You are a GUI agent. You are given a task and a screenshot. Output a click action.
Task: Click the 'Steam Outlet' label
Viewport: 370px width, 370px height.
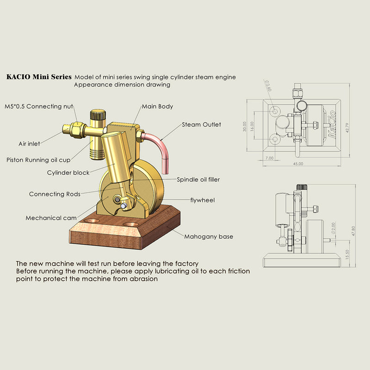coord(201,124)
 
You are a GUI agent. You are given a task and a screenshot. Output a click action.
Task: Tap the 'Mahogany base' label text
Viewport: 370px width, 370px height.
coord(209,236)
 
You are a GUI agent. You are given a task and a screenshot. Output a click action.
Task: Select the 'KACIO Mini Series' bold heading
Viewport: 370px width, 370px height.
coord(39,77)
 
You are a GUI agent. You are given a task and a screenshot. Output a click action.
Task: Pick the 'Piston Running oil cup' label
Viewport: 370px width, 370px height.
coord(38,160)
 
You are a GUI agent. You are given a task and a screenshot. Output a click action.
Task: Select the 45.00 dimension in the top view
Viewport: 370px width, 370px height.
coord(298,164)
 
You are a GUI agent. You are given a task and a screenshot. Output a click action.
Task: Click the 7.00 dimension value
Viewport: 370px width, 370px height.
coord(270,158)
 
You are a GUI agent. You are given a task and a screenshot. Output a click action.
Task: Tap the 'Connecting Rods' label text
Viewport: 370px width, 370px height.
coord(54,194)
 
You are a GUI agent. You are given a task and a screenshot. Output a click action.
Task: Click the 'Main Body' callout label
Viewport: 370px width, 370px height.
coord(157,106)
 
